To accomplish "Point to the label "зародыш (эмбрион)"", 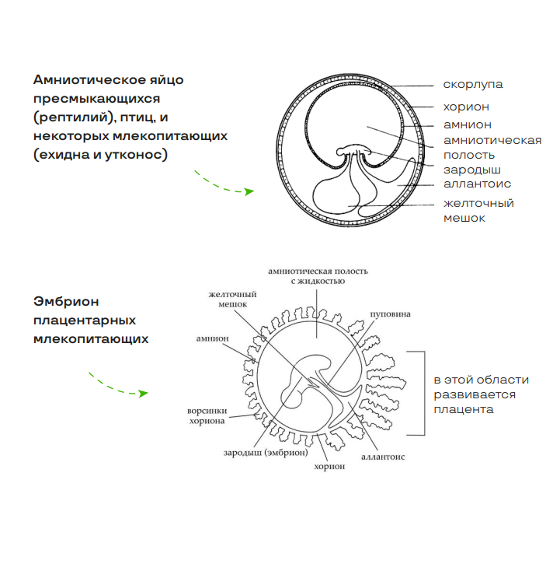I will (266, 452).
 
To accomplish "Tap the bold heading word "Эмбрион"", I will (68, 301).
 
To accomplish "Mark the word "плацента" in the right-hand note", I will (464, 409).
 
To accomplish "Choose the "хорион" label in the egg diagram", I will (466, 107).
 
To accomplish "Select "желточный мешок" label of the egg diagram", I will (478, 210).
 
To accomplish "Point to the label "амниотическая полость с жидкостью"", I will (318, 275).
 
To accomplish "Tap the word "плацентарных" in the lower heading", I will (85, 320).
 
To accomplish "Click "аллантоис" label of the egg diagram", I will (477, 184).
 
